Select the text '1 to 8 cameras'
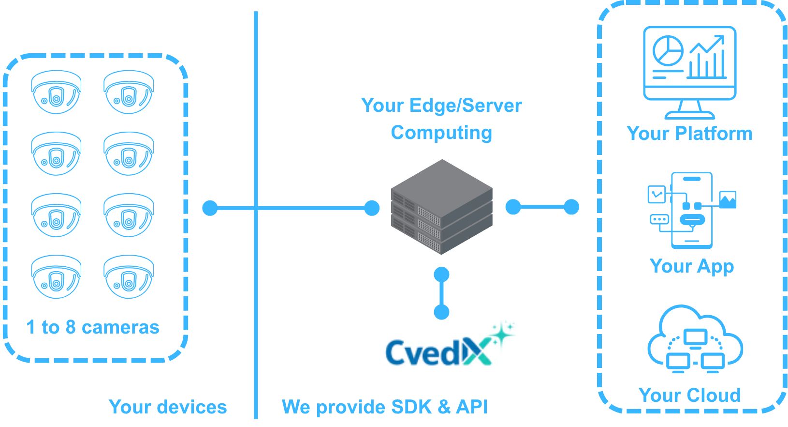[x=92, y=327]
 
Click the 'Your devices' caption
[x=168, y=407]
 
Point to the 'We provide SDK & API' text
[x=385, y=407]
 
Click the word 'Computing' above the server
[x=441, y=133]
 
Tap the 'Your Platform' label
[x=689, y=133]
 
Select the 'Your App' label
[x=692, y=266]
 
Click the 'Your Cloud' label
[x=689, y=395]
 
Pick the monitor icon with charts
[x=689, y=73]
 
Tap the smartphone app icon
[x=692, y=210]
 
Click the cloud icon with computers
[x=695, y=339]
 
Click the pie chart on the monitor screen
[x=668, y=51]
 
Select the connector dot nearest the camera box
[x=210, y=208]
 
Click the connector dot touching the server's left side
[x=372, y=208]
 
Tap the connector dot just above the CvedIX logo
[x=441, y=312]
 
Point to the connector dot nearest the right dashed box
[x=571, y=207]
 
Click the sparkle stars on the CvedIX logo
[x=503, y=332]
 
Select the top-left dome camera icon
[x=56, y=92]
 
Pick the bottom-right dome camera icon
[x=129, y=277]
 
